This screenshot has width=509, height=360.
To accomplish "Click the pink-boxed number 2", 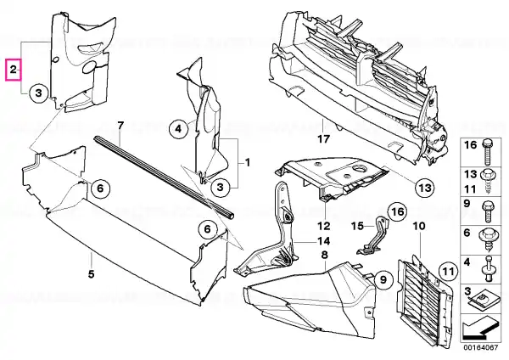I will tap(14, 67).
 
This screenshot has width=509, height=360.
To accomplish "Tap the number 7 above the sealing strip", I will tap(120, 127).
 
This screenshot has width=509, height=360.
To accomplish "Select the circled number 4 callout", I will tap(177, 129).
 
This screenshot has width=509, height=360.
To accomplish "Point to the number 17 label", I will tap(323, 138).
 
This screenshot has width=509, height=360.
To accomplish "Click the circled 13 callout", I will tap(424, 185).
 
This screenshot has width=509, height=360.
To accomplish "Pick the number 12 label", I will tap(323, 226).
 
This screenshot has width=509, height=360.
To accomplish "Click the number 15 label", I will tap(358, 225).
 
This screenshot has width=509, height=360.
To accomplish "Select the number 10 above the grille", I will tap(417, 227).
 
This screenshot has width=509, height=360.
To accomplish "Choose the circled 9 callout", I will tap(382, 277).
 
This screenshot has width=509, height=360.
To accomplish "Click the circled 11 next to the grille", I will tap(446, 273).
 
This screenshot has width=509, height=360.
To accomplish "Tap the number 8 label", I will tap(323, 255).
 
